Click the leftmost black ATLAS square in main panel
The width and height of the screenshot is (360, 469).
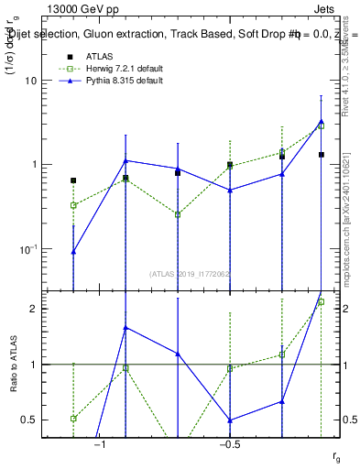(73, 180)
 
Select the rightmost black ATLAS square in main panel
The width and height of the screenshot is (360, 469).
(322, 155)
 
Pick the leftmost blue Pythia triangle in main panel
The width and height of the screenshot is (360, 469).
(73, 251)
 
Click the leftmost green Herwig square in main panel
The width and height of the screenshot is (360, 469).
(73, 205)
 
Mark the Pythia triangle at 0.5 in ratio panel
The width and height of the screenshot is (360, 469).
(230, 420)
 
